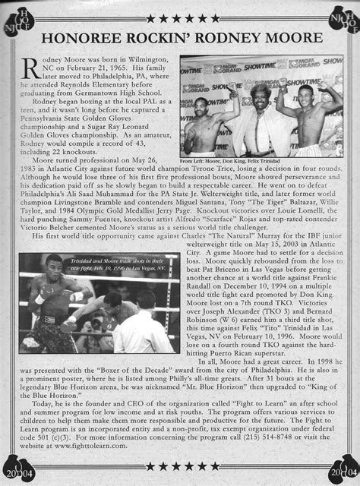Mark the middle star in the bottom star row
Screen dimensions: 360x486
pos(179,465)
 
